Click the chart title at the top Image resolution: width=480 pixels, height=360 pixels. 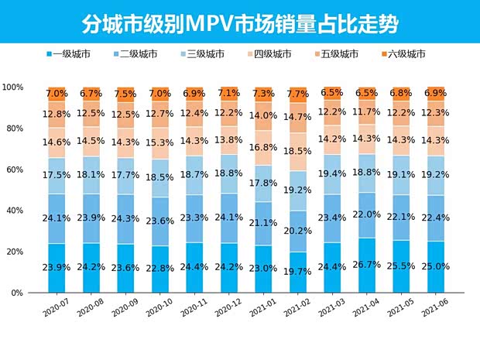coord(240,23)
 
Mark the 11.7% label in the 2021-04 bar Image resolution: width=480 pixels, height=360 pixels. coord(366,112)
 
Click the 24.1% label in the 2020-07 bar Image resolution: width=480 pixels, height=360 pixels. coord(57,218)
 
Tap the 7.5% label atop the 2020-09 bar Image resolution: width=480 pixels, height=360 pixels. coord(126,94)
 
